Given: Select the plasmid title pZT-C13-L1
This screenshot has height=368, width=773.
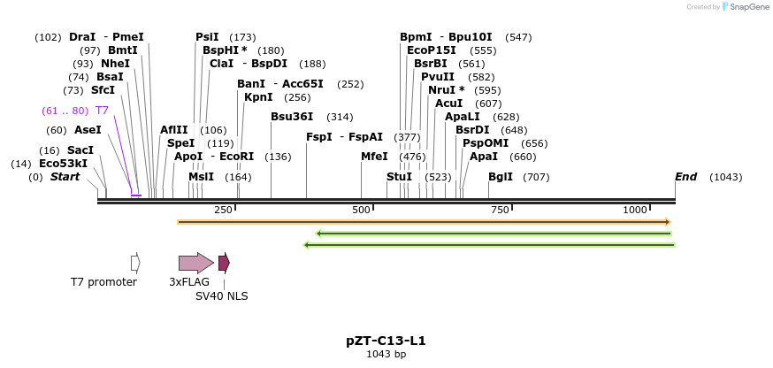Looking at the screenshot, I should [x=386, y=341].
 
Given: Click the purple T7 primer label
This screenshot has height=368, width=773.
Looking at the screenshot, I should [x=102, y=111].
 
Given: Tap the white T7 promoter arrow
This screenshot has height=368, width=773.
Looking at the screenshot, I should [x=135, y=263].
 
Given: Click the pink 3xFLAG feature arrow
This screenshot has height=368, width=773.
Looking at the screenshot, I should [x=195, y=263].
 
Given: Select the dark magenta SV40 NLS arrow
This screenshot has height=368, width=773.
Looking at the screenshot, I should [x=224, y=263].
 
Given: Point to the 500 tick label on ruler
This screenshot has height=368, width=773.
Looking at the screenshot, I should [x=361, y=210].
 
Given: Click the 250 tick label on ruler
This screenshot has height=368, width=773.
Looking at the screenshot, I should [x=223, y=210].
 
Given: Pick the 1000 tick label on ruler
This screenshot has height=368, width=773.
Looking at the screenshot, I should [x=635, y=210].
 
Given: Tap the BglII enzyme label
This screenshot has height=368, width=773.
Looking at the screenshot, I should [x=501, y=177].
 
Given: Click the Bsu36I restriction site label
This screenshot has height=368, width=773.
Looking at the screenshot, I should [x=292, y=117].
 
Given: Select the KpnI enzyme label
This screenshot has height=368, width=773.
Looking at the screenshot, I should [x=258, y=97].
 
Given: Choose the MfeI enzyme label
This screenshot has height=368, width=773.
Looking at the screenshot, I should [x=374, y=157].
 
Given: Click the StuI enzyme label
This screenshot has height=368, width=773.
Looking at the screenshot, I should [x=399, y=177].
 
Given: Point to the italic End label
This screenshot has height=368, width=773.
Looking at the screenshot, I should [x=685, y=177].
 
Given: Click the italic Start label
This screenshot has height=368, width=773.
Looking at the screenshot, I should [x=65, y=177].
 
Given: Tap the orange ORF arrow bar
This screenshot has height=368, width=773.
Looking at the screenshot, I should [x=425, y=222].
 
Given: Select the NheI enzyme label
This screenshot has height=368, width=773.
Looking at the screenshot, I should [x=115, y=64].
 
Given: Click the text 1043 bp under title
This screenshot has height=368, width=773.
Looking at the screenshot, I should [x=386, y=355].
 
